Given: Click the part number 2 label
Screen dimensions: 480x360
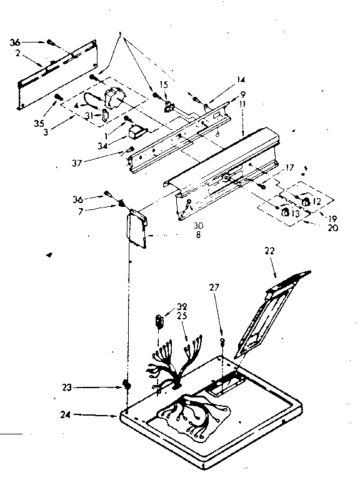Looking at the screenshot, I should (x=19, y=55).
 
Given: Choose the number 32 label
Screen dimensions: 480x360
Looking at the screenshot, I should (x=182, y=306).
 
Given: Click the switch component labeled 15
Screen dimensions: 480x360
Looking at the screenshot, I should (x=167, y=106).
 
